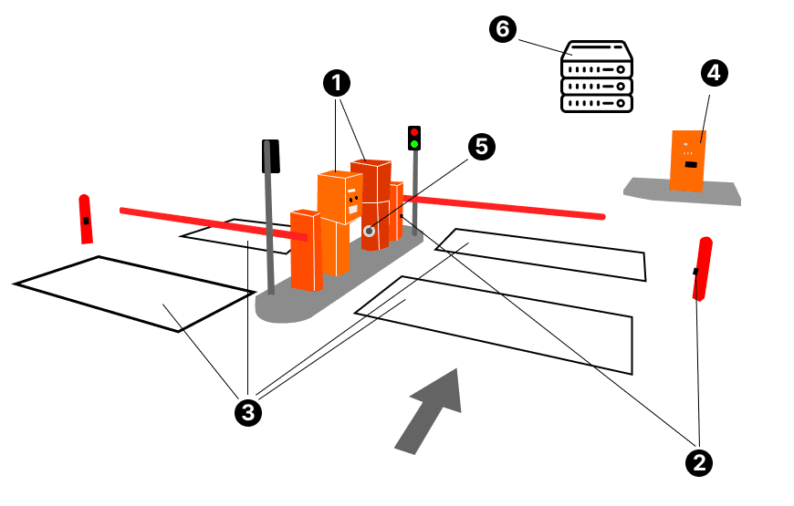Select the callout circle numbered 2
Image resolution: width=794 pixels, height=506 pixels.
699,462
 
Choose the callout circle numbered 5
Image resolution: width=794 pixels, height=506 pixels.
481,146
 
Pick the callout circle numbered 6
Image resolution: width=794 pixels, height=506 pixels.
501,29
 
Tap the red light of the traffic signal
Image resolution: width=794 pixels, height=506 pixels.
414,132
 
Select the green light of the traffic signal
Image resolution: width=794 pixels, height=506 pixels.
414,143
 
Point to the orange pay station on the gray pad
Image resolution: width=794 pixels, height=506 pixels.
688,160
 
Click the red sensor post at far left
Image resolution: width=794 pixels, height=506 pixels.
85,219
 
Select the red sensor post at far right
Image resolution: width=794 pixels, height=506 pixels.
702,268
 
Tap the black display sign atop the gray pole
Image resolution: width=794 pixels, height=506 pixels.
270,156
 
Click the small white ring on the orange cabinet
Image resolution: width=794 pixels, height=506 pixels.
369,231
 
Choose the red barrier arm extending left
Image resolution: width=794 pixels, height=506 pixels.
210,223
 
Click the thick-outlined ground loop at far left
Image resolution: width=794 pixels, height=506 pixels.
132,293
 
